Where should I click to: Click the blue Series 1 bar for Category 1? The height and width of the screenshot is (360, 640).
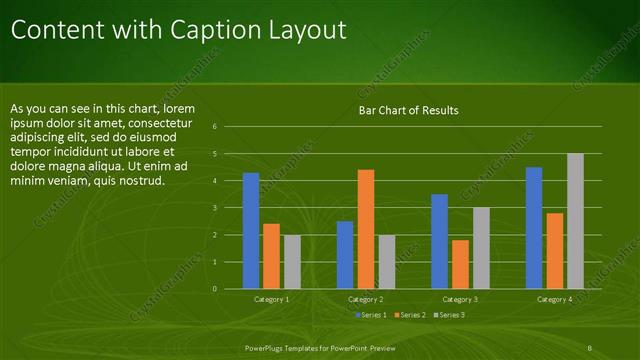point(251,231)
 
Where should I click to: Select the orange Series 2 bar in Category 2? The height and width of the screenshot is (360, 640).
point(366,229)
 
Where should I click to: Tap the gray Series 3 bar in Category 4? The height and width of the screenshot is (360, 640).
point(575,221)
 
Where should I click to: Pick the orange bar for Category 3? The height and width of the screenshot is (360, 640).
point(460,264)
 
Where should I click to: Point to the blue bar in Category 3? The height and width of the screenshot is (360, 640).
point(440,241)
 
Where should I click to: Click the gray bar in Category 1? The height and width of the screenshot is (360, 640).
point(292,262)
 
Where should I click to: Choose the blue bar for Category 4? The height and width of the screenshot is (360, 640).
point(534,228)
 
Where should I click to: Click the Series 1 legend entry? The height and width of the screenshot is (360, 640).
point(372,315)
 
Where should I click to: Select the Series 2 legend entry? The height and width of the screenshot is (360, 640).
point(409,315)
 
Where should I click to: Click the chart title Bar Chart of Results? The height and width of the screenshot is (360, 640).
point(408,110)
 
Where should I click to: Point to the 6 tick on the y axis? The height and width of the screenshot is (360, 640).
point(215,127)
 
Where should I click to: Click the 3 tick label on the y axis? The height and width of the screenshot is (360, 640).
point(215,208)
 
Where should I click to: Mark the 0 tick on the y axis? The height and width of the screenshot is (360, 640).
point(215,289)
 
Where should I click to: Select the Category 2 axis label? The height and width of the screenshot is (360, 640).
point(366,299)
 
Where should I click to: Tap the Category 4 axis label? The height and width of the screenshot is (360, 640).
point(555,299)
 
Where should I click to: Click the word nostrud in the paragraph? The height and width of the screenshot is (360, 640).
point(138,182)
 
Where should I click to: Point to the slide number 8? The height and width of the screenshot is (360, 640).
point(591,347)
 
